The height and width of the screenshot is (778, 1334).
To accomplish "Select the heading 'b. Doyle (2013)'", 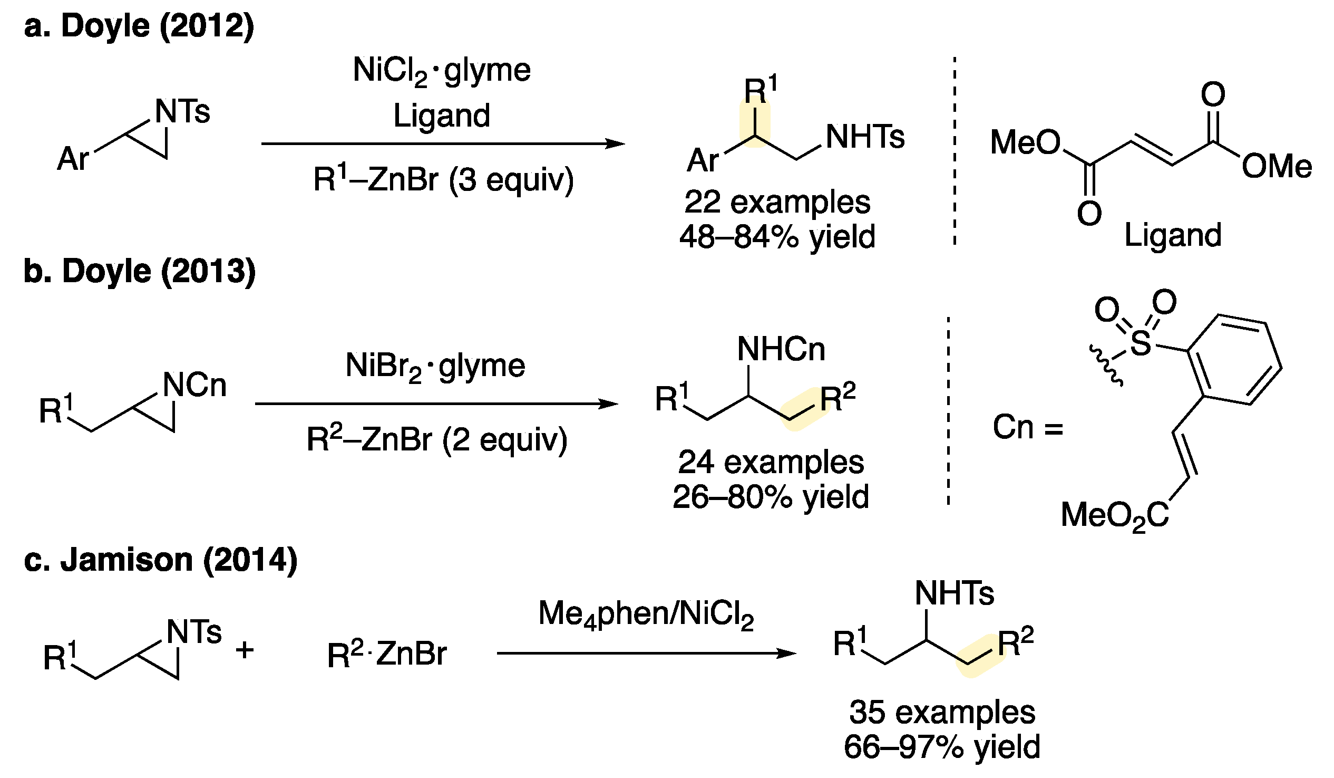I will click(x=140, y=271).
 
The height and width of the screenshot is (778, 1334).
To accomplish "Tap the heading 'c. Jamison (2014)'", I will click(x=161, y=560).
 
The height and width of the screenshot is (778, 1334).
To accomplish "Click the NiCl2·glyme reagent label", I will click(x=442, y=71).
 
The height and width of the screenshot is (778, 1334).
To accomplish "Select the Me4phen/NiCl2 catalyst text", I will click(x=646, y=614).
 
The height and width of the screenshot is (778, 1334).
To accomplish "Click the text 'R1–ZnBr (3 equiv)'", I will click(x=444, y=179).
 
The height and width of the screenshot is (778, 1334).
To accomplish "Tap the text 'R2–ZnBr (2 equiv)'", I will click(x=437, y=439).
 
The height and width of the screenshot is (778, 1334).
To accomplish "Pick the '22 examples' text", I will click(x=777, y=203).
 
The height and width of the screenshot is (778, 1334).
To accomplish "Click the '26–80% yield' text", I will click(x=771, y=497).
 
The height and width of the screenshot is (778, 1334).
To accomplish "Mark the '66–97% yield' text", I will click(x=942, y=747).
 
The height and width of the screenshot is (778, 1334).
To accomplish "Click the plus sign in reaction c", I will click(x=245, y=650).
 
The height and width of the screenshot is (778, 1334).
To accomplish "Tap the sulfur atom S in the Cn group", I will click(x=1140, y=343).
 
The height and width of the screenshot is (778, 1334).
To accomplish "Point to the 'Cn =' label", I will click(x=1027, y=427).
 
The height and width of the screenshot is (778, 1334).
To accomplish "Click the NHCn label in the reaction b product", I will click(x=781, y=350).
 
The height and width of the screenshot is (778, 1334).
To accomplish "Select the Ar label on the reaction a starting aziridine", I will click(x=73, y=158).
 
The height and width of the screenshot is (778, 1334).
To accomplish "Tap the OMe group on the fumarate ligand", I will click(x=1277, y=166).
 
